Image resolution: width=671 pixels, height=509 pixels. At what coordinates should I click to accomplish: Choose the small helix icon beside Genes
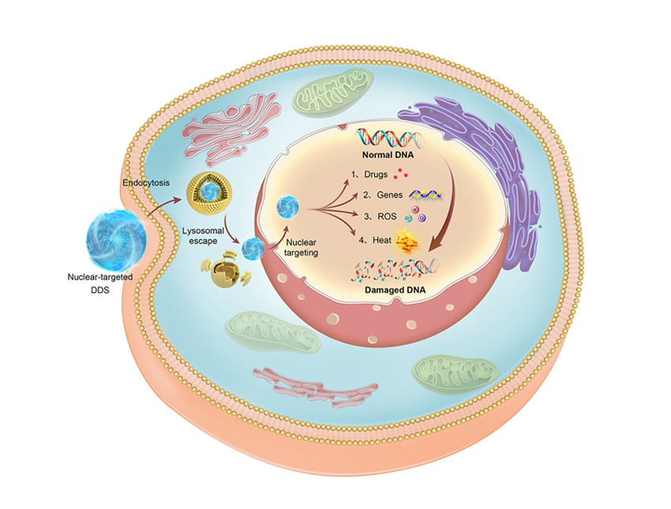424,194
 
